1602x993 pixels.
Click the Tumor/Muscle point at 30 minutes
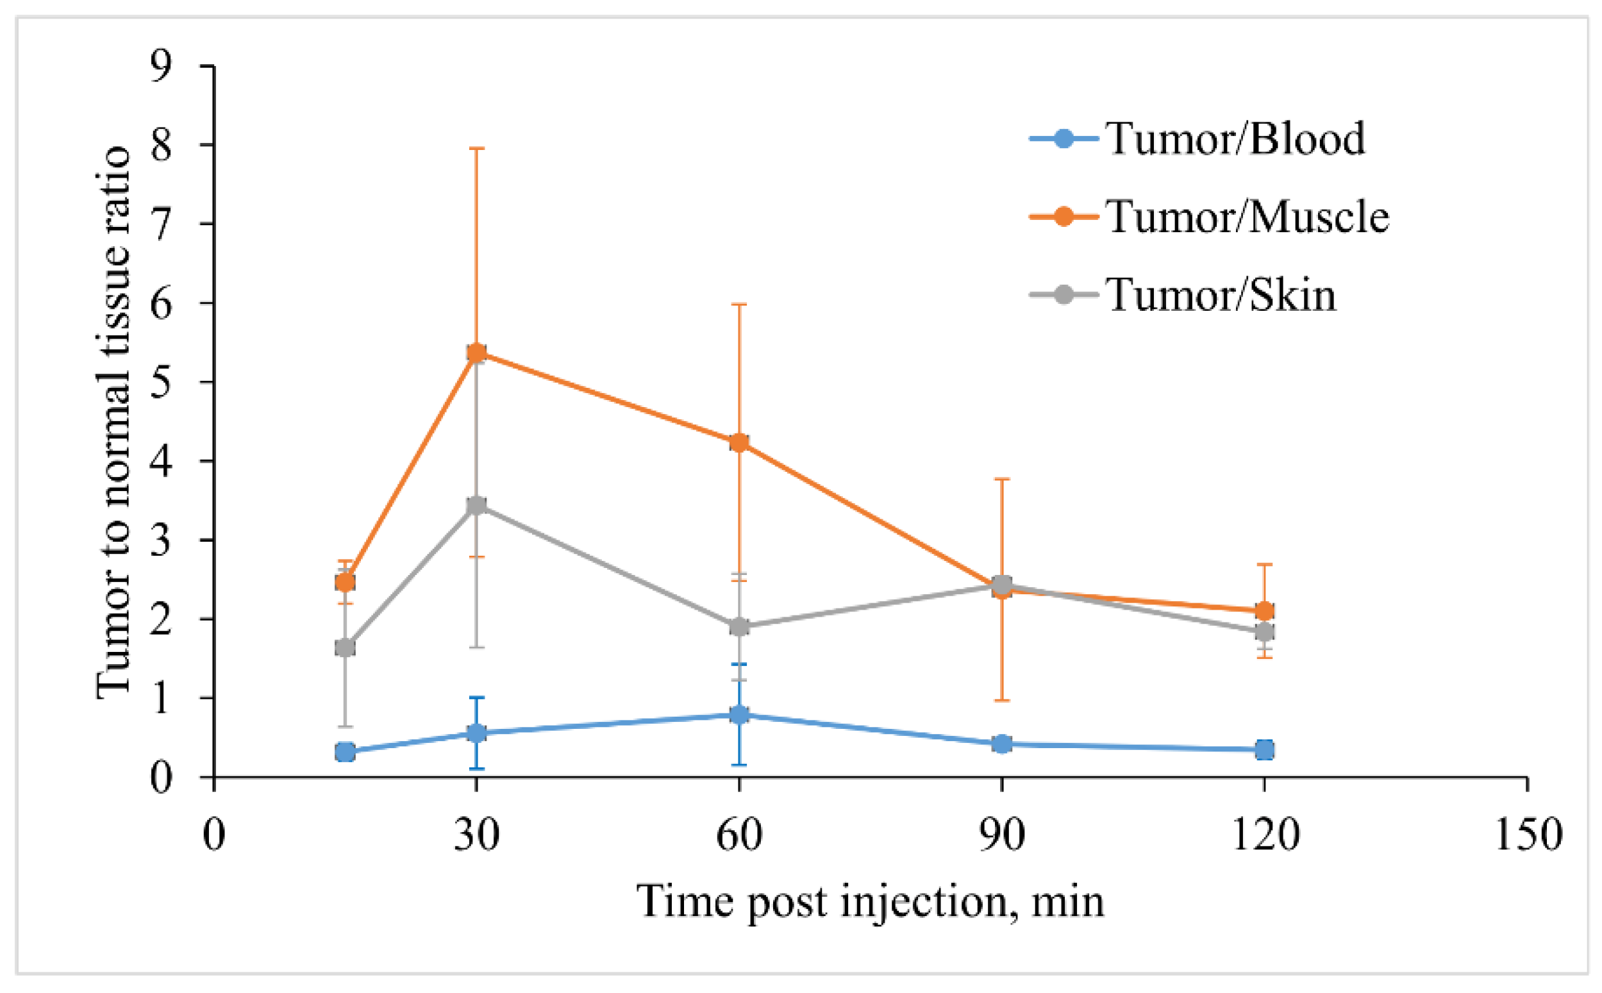pos(477,353)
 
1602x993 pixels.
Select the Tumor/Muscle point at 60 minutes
pos(739,442)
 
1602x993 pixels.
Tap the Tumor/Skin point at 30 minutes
pos(477,505)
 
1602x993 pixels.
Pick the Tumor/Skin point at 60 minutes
pos(739,626)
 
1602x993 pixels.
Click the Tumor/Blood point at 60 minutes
pos(739,715)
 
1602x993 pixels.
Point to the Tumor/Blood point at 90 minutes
pos(1002,744)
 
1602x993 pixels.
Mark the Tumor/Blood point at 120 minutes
pos(1265,749)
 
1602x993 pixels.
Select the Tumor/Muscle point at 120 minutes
pos(1265,611)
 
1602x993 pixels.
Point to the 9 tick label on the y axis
pos(161,65)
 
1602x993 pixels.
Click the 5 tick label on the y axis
pos(161,381)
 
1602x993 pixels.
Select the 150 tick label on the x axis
pos(1528,835)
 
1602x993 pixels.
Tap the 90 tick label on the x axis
pos(1002,835)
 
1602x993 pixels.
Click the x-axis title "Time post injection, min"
pos(871,902)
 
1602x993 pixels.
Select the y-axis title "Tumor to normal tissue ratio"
pos(113,422)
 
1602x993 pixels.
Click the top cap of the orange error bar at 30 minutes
pos(477,149)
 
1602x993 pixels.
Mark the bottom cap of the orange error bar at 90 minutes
pos(1002,700)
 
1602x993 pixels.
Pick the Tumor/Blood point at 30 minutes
pos(477,733)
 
